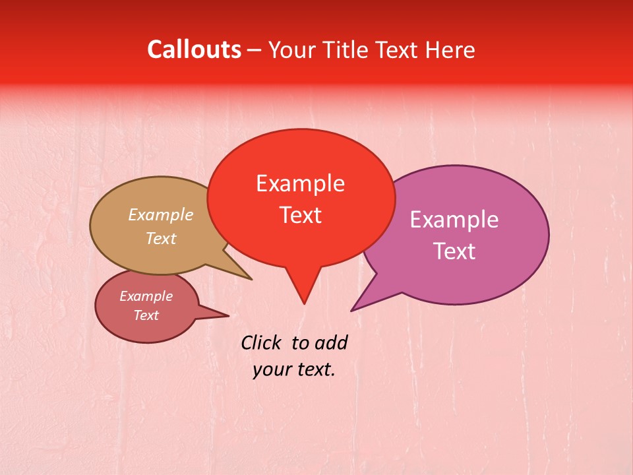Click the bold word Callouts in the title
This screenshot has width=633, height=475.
pos(194,49)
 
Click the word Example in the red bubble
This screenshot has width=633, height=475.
pos(300,183)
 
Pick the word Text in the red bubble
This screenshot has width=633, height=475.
pos(300,215)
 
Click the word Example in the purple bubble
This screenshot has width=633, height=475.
pos(454,220)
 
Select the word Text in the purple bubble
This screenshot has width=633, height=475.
pos(454,251)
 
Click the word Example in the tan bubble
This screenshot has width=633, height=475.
pos(161,214)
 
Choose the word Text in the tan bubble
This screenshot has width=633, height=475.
pos(161,238)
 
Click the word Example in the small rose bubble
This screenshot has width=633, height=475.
pos(146,296)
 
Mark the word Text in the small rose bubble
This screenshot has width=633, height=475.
pos(146,315)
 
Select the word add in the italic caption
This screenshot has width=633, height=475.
pos(330,342)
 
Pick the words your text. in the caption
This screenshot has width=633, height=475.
pos(294,369)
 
